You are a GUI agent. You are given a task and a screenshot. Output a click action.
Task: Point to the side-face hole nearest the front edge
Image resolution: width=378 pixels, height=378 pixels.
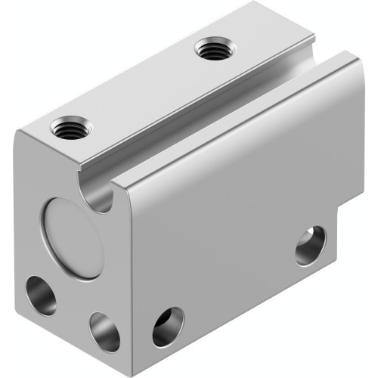point(167,326)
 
